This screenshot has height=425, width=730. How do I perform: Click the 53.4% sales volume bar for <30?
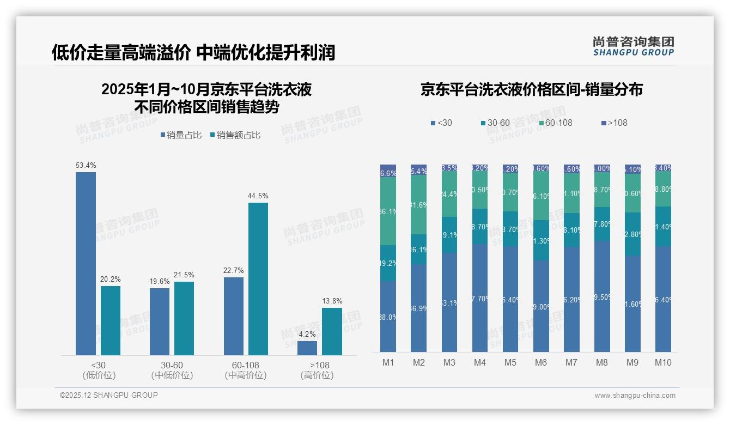coord(86,264)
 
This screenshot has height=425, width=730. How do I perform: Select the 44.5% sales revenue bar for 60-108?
coord(258,279)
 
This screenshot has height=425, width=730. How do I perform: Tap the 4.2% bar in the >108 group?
coord(307,348)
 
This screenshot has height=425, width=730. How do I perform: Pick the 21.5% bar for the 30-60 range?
coord(184,318)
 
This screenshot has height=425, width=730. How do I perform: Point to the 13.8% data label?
coord(332,301)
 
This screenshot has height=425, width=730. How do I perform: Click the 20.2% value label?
coord(110,279)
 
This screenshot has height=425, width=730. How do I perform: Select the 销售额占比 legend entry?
coord(235,135)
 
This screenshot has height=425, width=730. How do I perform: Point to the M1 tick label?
coord(388,362)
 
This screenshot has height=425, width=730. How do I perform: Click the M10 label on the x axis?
coord(663,362)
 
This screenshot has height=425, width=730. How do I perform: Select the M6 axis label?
coord(541,362)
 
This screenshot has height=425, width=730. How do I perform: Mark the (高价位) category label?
coord(317,375)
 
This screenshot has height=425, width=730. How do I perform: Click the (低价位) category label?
coord(99,375)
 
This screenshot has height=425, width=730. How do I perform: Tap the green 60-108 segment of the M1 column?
coord(388,211)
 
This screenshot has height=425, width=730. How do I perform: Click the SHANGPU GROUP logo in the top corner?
coord(633,46)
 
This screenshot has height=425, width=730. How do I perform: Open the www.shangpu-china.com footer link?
coord(635,396)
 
